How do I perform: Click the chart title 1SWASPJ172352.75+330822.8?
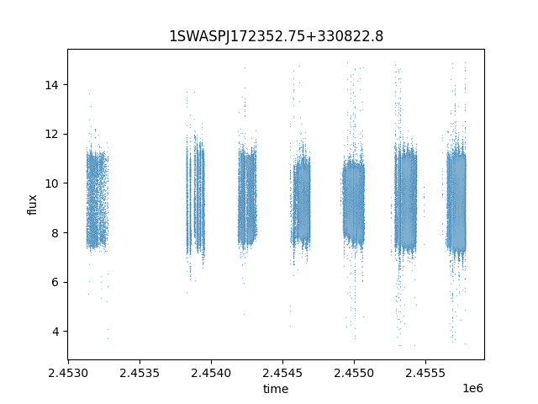point(277,36)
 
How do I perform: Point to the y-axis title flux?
point(32,205)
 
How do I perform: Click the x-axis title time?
point(276,389)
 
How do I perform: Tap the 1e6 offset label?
point(472,388)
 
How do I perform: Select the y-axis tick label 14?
point(51,85)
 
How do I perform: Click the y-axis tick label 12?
point(51,135)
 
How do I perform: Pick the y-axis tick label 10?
point(51,183)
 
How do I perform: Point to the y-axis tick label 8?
point(55,233)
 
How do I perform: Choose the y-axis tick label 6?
point(55,283)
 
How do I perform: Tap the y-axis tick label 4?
point(55,332)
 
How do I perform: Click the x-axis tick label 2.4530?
point(68,373)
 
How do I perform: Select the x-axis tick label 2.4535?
point(140,373)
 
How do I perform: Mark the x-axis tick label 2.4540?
point(211,373)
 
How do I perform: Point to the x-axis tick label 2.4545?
point(282,373)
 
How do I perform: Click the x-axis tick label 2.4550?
point(354,373)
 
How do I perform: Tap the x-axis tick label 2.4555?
point(425,373)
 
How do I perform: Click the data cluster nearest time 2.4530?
point(98,199)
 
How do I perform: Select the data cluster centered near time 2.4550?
point(354,203)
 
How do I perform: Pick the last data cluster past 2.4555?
point(456,203)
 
